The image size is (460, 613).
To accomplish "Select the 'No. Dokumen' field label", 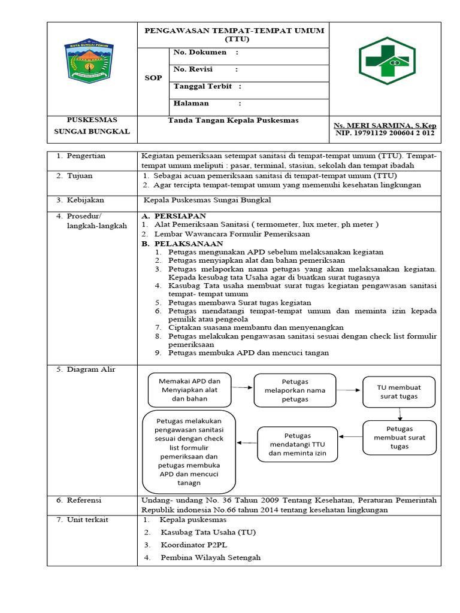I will (200, 53).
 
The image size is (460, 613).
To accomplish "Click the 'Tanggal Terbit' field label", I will (202, 87).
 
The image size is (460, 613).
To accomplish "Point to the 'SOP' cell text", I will (153, 78).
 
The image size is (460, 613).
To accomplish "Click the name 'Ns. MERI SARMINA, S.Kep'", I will (385, 125).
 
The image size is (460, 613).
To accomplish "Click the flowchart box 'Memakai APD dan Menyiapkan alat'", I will (189, 390).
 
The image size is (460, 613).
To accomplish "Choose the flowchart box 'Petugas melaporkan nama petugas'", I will (295, 390).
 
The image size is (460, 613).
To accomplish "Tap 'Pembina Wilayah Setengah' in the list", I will (210, 557).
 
